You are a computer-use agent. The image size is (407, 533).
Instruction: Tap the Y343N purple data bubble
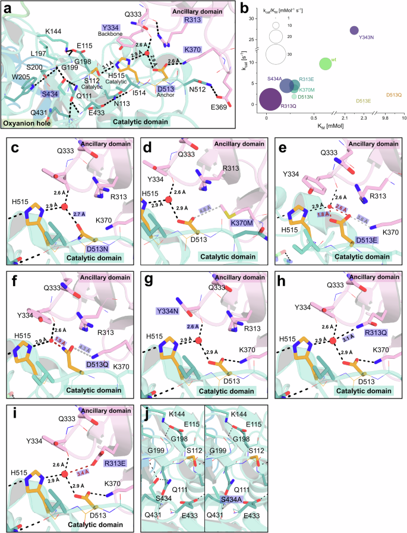pos(355,30)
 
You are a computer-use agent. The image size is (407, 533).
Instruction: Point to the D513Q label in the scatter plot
pos(395,95)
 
